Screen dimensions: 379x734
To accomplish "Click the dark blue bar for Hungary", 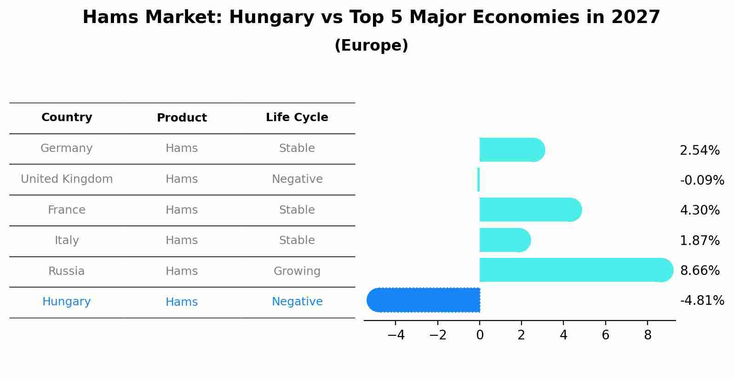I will click(423, 300).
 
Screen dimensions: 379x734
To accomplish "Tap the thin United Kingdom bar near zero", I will click(479, 180).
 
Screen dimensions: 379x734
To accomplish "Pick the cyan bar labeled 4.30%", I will click(529, 210).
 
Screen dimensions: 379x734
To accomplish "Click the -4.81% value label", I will click(702, 301).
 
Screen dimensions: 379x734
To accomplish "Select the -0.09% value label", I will click(702, 180).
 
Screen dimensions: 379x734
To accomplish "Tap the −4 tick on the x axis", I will click(396, 335).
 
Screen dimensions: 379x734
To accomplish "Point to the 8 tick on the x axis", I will click(648, 335).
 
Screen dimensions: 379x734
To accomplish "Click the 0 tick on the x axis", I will click(480, 335).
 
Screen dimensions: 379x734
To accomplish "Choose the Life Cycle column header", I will click(297, 117).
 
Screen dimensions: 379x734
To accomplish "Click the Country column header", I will click(67, 117).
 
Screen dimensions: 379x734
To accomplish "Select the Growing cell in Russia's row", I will click(297, 271).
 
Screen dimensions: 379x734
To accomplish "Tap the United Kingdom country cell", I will click(67, 179).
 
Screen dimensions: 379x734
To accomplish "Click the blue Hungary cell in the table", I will click(67, 302).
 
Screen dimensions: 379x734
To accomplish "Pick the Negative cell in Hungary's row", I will click(297, 302).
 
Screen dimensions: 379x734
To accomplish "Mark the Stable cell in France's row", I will click(297, 210).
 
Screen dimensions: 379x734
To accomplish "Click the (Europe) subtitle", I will click(371, 46).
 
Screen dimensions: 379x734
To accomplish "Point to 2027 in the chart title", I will click(636, 17).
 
